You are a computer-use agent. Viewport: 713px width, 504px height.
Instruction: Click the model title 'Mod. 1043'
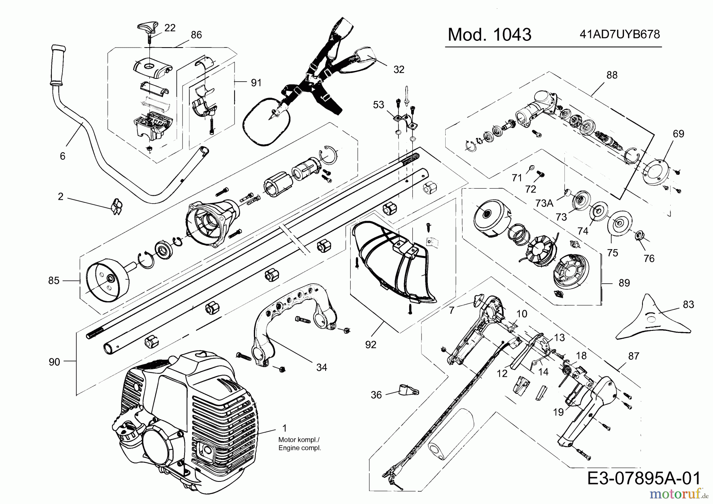[x=489, y=35]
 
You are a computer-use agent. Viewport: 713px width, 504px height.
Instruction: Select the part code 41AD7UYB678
[x=620, y=34]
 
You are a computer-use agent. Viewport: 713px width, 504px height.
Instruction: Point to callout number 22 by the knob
[x=170, y=28]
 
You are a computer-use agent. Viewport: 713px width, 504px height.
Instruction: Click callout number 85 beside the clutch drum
[x=53, y=281]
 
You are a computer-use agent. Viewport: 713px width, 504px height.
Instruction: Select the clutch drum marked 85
[x=106, y=280]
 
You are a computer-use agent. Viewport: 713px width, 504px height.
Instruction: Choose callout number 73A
[x=544, y=203]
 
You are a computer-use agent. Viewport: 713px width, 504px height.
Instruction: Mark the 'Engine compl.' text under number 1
[x=300, y=448]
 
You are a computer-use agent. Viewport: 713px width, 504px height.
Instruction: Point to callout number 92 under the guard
[x=371, y=345]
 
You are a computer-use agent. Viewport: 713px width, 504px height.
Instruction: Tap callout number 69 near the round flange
[x=679, y=134]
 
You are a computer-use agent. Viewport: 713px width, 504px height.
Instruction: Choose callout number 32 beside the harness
[x=399, y=69]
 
